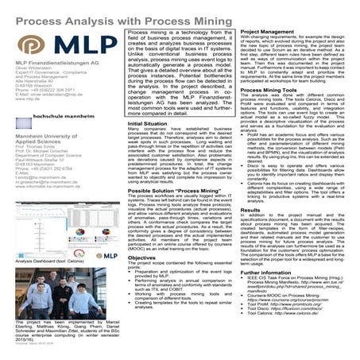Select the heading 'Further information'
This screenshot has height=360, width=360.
[x=270, y=293]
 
